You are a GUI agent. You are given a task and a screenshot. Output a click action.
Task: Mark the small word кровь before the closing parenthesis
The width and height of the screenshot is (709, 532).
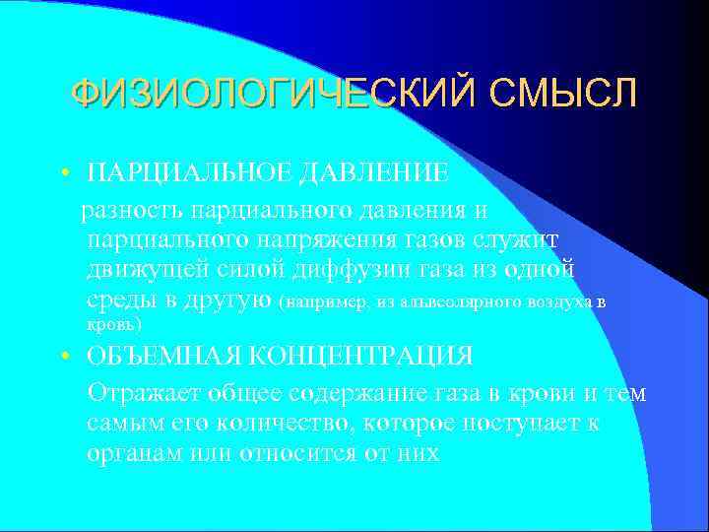110,324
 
